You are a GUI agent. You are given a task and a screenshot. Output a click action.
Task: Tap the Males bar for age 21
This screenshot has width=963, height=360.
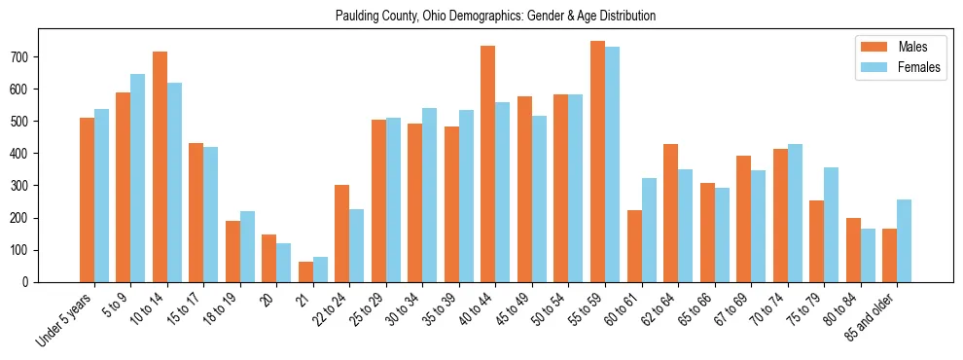(305, 271)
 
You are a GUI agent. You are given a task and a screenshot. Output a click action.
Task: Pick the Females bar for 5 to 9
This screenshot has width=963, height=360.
(138, 178)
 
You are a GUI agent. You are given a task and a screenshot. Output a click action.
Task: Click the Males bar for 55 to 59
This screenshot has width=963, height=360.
(597, 162)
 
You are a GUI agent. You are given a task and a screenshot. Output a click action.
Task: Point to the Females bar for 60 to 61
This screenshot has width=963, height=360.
(649, 230)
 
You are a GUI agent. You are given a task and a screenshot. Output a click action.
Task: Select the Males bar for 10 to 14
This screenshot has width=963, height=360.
(160, 166)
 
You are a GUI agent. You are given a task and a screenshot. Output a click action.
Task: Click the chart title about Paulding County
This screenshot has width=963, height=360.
(495, 16)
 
